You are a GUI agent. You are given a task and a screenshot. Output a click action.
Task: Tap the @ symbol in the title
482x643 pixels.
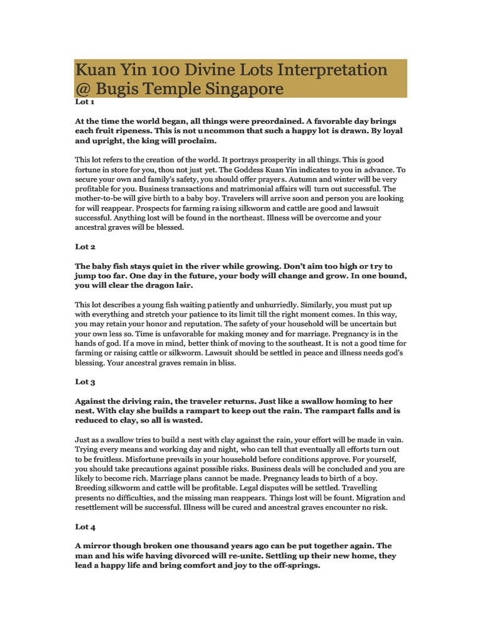pos(84,89)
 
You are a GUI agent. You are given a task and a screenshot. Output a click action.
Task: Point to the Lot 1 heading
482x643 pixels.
pos(85,101)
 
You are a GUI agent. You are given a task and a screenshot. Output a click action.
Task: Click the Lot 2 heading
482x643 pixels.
pos(85,247)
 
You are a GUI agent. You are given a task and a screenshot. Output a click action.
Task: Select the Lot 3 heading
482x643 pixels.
pos(85,381)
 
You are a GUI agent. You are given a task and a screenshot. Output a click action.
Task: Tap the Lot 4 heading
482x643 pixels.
pos(85,527)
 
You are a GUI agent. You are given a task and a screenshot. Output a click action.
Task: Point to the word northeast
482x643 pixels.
pos(242,218)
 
